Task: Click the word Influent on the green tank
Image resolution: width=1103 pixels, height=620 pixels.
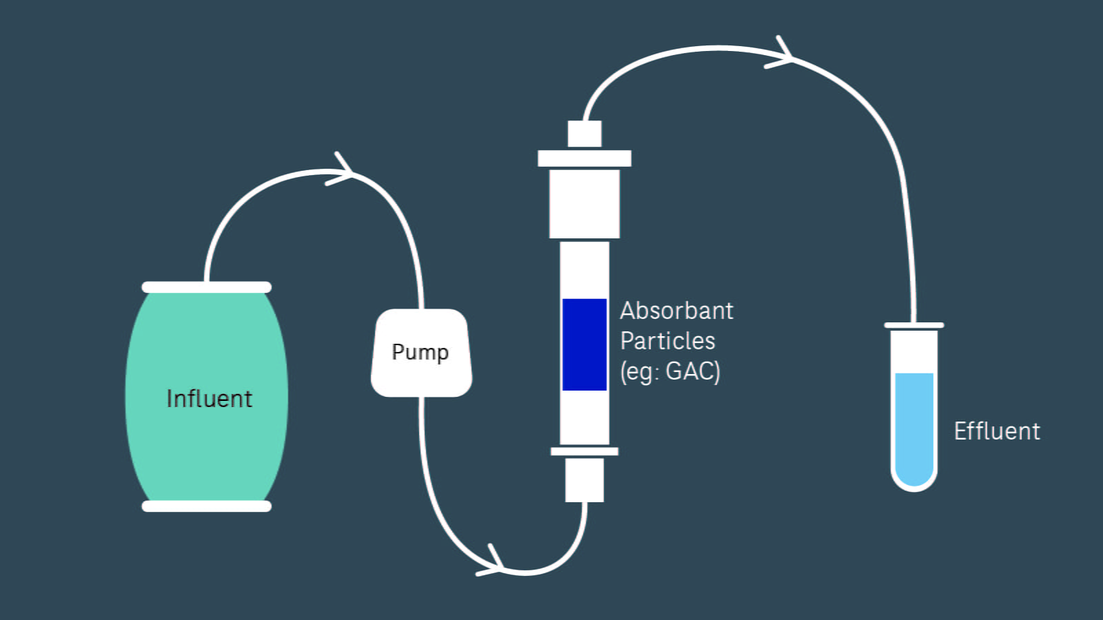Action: pos(209,399)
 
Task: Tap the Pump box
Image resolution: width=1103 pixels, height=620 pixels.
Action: pos(421,352)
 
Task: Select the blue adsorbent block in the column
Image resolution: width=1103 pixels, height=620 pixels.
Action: pos(584,344)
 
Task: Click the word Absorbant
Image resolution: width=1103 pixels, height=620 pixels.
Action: pos(676,311)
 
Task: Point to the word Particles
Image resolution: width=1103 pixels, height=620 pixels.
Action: pos(667,341)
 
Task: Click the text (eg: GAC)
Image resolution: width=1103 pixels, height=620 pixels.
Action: pos(669,371)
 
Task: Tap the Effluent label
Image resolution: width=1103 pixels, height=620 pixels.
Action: pos(996,431)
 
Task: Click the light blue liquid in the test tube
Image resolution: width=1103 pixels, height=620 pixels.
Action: pos(914,427)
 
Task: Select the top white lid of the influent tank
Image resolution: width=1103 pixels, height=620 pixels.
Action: pos(206,287)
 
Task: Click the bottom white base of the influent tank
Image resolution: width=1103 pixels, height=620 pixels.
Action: pos(206,506)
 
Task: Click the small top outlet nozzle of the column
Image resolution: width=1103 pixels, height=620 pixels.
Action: pos(584,134)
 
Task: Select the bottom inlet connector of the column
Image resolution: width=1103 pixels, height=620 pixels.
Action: pos(584,480)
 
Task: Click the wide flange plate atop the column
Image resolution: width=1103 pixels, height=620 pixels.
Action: pos(584,158)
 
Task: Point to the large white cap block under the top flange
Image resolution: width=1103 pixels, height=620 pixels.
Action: pos(584,204)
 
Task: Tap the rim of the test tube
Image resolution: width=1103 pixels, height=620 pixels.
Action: pos(914,325)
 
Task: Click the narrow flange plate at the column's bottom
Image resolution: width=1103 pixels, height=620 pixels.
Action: pos(584,451)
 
